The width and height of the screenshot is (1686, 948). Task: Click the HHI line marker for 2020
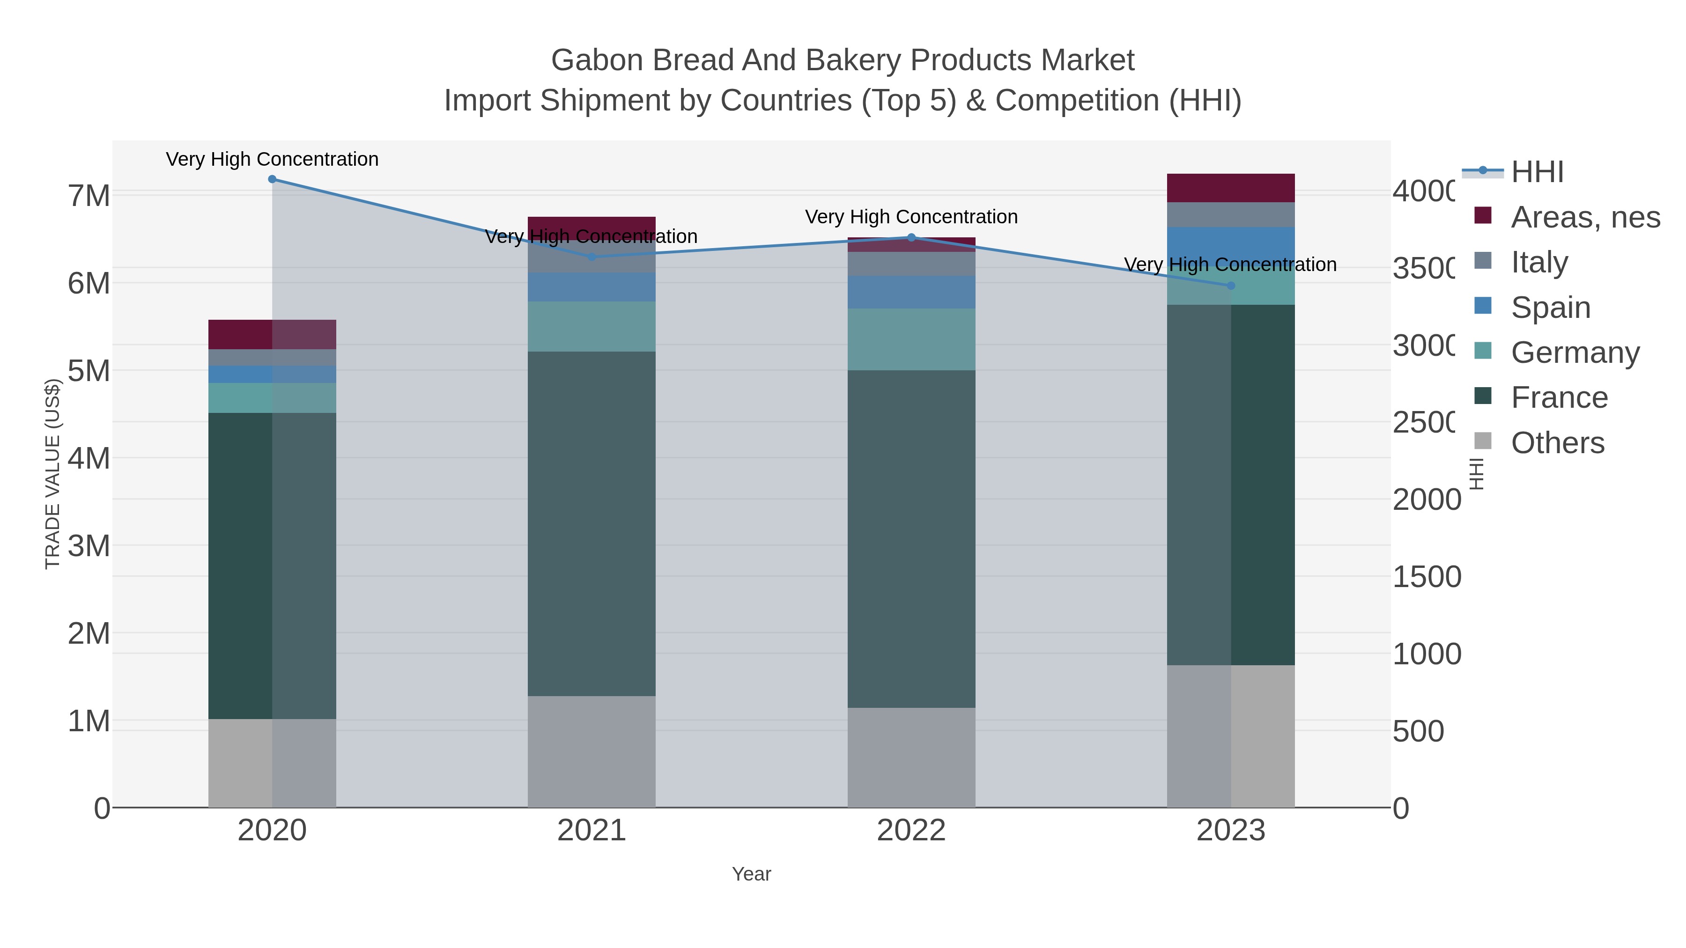tap(272, 179)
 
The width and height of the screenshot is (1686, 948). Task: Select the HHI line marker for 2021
tap(592, 257)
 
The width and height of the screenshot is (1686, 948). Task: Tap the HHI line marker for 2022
tap(911, 237)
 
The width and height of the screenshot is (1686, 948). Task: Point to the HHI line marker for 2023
tap(1230, 285)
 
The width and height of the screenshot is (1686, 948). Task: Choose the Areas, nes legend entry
tap(1584, 217)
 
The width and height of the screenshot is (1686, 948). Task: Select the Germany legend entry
tap(1575, 353)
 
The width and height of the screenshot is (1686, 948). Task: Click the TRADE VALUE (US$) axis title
tap(52, 474)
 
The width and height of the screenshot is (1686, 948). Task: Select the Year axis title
tap(751, 874)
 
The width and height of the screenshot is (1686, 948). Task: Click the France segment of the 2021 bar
tap(592, 523)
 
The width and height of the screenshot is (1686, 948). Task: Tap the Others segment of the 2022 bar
tap(911, 757)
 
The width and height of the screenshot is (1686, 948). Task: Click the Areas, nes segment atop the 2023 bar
tap(1230, 188)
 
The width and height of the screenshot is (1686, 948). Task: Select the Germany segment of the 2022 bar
tap(911, 339)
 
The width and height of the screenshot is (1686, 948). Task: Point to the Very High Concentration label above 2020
tap(272, 160)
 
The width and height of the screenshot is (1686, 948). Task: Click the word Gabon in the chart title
tap(596, 60)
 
